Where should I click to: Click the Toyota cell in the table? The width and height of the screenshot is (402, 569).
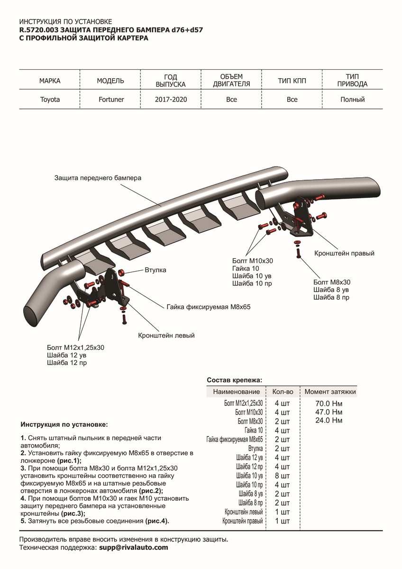(x=50, y=100)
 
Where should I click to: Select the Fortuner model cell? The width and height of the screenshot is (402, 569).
(x=110, y=100)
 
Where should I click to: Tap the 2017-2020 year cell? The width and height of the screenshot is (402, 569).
(x=171, y=100)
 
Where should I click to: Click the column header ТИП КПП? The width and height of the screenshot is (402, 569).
(x=292, y=81)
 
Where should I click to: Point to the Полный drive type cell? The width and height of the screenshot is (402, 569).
(x=352, y=100)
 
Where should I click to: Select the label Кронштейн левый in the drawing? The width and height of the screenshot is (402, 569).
(x=166, y=335)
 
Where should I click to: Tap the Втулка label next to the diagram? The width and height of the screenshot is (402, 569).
(x=155, y=270)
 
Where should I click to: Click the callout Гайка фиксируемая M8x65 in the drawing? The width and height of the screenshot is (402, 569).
(x=208, y=307)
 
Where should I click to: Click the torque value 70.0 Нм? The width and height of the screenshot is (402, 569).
(x=329, y=404)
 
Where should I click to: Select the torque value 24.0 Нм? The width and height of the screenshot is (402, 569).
(x=329, y=421)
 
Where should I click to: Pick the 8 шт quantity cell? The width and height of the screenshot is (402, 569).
(x=282, y=476)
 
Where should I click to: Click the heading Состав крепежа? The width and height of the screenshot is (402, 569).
(x=234, y=380)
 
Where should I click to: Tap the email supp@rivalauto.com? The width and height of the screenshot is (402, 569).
(x=133, y=547)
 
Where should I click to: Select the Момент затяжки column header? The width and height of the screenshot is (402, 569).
(x=330, y=392)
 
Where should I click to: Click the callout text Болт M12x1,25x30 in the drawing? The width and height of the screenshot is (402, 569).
(x=76, y=348)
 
